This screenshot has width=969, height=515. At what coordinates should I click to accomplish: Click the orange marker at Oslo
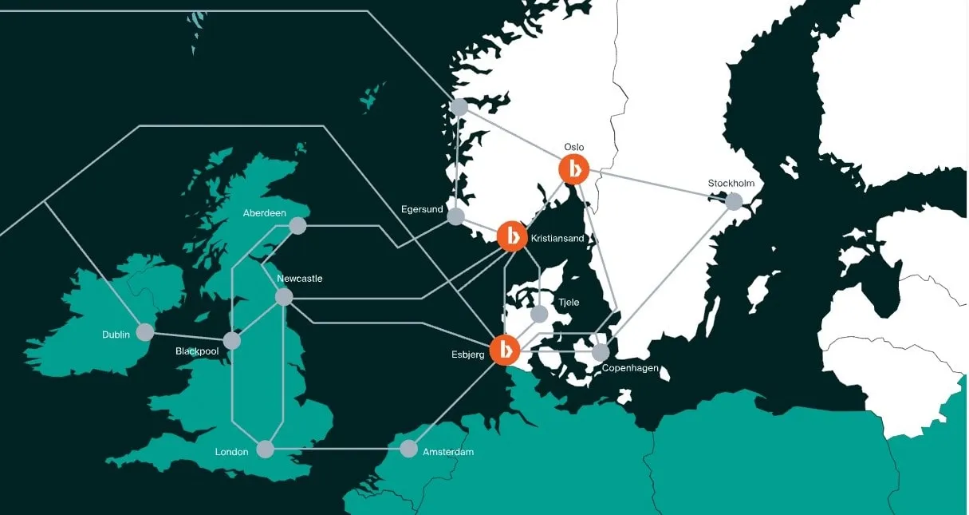(x=573, y=169)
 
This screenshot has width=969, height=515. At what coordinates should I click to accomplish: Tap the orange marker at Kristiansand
(x=512, y=236)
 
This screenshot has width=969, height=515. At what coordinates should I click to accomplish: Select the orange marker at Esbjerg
(x=505, y=350)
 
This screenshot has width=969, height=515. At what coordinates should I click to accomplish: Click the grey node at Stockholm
(x=734, y=201)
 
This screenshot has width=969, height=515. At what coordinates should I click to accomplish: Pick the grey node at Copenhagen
(x=601, y=351)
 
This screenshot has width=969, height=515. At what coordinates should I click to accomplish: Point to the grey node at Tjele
(x=541, y=313)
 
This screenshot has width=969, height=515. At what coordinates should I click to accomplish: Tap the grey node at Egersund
(x=455, y=216)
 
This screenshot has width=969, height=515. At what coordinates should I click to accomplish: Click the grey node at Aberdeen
(x=297, y=226)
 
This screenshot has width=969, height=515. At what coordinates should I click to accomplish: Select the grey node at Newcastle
(x=284, y=297)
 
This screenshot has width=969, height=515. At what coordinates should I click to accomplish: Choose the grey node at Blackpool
(x=232, y=341)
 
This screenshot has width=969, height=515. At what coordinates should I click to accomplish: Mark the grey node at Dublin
(x=145, y=331)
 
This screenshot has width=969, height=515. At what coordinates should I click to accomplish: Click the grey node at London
(x=266, y=450)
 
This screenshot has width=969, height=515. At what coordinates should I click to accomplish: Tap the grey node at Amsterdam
(x=408, y=449)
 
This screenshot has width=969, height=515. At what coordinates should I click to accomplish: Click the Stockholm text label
(x=731, y=184)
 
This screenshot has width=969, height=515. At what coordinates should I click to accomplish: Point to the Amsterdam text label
(x=448, y=452)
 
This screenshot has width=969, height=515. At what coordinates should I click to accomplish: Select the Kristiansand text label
(x=557, y=238)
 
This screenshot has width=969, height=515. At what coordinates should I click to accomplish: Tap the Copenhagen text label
(x=630, y=368)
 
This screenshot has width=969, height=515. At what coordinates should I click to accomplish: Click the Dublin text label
(x=116, y=335)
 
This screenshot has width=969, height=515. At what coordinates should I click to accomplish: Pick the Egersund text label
(x=422, y=209)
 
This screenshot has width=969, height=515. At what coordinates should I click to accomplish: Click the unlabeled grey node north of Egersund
(x=459, y=106)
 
